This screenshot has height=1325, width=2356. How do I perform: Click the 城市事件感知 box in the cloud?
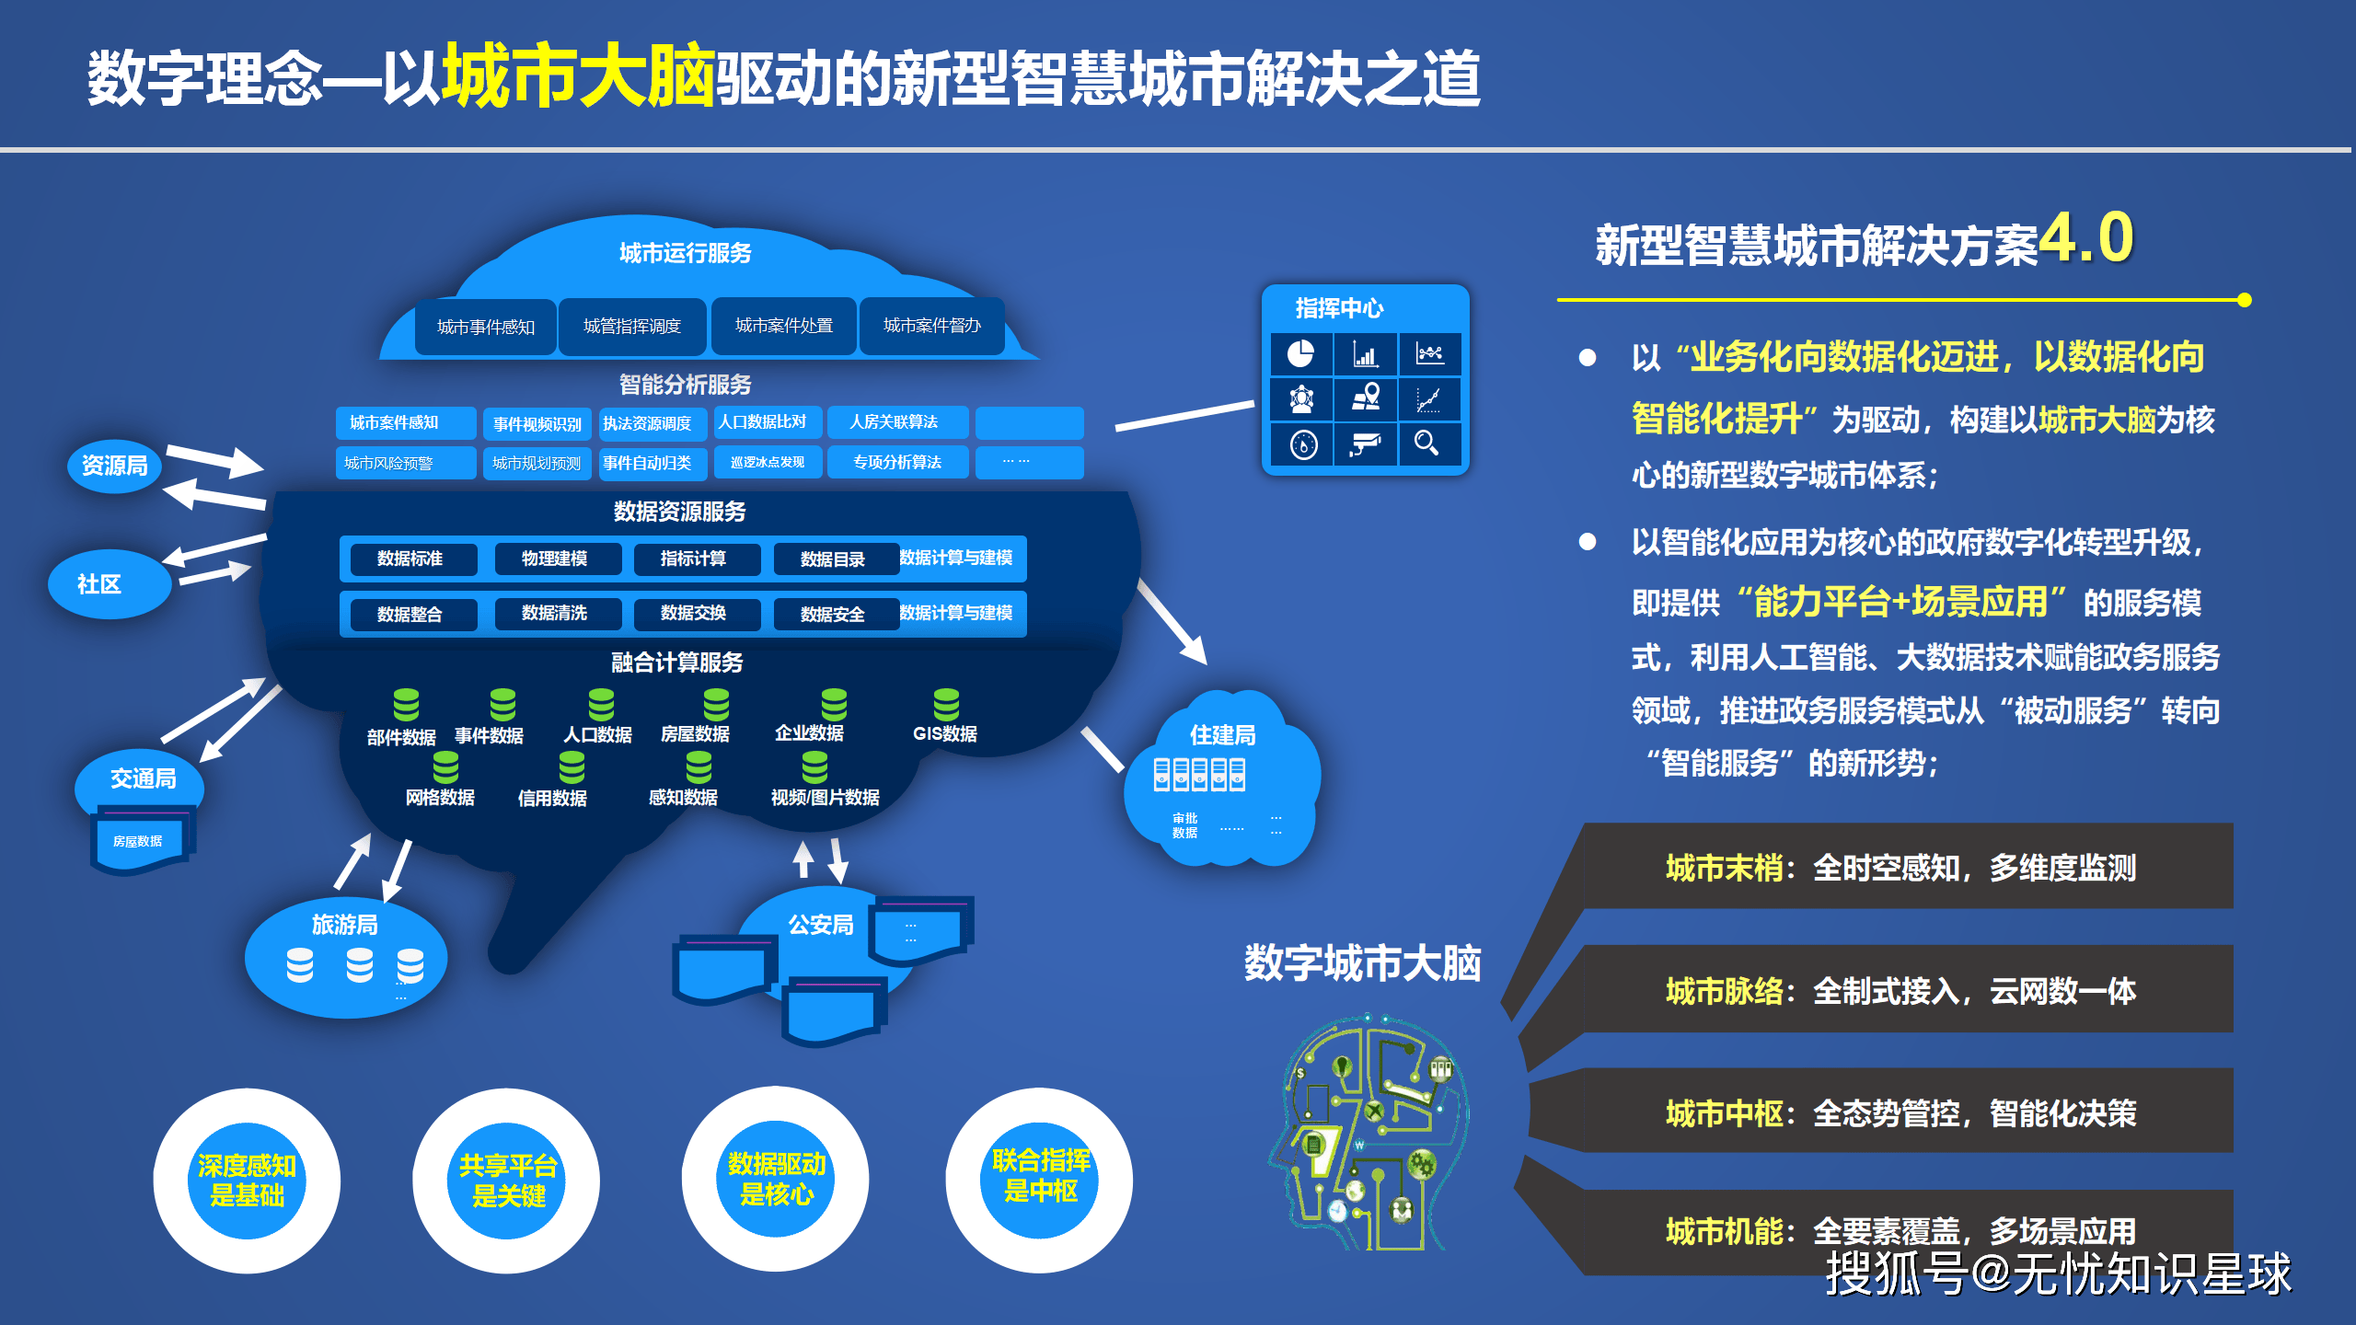click(485, 327)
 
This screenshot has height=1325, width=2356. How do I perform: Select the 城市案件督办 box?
click(931, 326)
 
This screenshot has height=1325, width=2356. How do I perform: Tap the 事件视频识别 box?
click(537, 424)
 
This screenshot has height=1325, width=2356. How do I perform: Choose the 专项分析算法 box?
click(897, 462)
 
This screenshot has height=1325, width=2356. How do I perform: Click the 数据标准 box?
click(410, 559)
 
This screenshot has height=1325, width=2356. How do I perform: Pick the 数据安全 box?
click(833, 614)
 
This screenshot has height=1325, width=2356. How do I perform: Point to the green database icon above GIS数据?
click(946, 705)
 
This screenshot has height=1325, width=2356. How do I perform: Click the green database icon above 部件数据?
click(406, 705)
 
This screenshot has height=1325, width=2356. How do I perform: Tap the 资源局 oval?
click(114, 467)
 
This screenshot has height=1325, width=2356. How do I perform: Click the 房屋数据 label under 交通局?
click(138, 841)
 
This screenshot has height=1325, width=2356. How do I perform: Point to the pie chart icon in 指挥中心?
click(1300, 354)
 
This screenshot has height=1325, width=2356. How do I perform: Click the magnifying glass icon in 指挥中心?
click(1426, 444)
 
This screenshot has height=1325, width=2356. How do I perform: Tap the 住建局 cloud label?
click(1222, 735)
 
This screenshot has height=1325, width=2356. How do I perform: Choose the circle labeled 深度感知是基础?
click(247, 1181)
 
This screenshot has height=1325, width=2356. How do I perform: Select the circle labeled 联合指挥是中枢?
click(1040, 1177)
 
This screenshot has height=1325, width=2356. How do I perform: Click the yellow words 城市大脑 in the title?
click(578, 75)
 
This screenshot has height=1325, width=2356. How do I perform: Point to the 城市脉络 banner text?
click(1900, 991)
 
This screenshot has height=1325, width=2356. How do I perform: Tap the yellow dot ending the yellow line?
click(2245, 300)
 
